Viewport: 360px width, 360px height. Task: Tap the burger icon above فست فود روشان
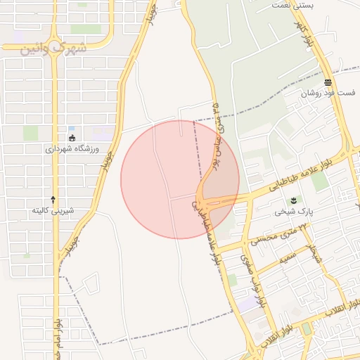pyautogui.click(x=328, y=82)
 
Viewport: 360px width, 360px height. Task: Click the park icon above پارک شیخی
pyautogui.click(x=293, y=200)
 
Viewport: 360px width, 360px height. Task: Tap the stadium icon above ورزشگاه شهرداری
pyautogui.click(x=72, y=138)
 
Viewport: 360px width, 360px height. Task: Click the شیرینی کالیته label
pyautogui.click(x=53, y=210)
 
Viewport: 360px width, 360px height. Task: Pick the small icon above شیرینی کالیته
pyautogui.click(x=53, y=200)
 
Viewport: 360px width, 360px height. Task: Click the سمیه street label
pyautogui.click(x=288, y=259)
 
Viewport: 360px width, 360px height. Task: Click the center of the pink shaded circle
pyautogui.click(x=180, y=179)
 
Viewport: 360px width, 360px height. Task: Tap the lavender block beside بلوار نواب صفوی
pyautogui.click(x=247, y=304)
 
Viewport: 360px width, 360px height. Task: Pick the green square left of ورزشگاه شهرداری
pyautogui.click(x=30, y=133)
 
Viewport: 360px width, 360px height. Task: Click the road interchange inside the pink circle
pyautogui.click(x=207, y=199)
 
